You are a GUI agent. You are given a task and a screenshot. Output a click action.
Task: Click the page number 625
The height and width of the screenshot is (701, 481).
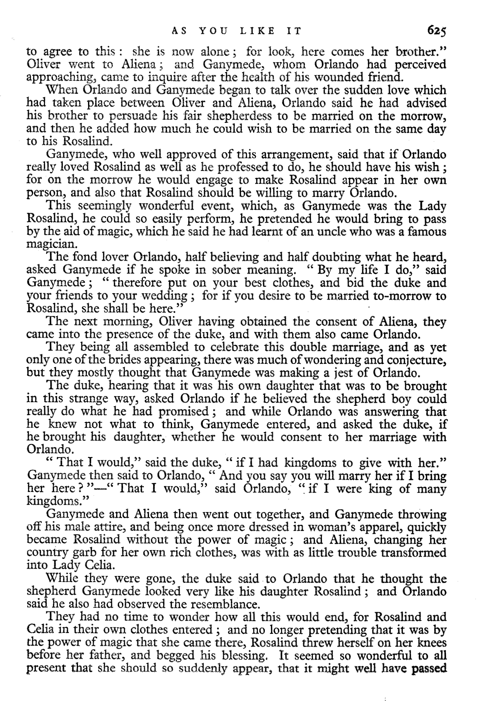[x=436, y=31]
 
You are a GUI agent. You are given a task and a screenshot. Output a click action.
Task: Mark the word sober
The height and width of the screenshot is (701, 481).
[x=226, y=270]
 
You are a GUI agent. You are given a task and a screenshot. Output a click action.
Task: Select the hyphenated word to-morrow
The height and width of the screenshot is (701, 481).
[x=403, y=296]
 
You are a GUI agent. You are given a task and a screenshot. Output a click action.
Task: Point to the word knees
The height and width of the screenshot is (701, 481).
[x=432, y=643]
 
